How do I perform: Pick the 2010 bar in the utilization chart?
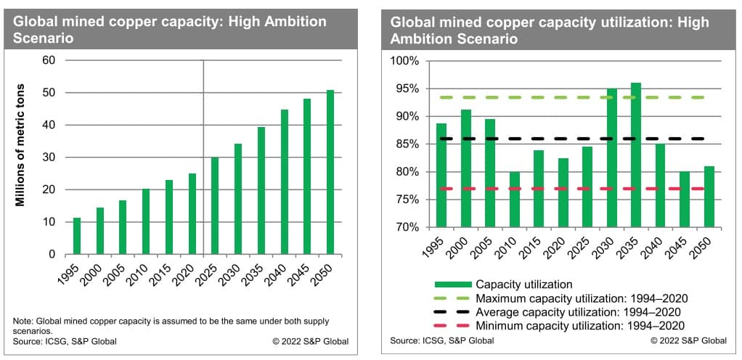(514, 200)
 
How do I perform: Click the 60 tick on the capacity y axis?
(49, 60)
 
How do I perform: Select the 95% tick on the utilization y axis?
(406, 89)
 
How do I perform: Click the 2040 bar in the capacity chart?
(284, 182)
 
